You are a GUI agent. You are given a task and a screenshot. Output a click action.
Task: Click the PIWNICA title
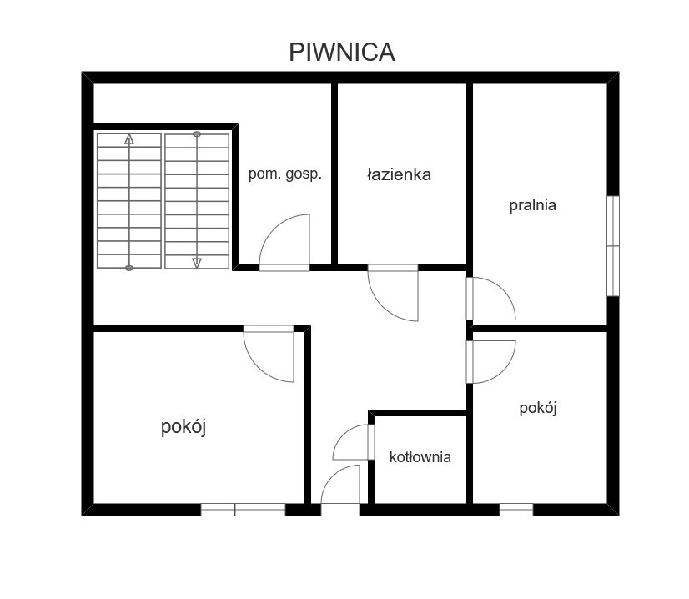tap(342, 52)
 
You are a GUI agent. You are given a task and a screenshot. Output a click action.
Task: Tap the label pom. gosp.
tap(285, 174)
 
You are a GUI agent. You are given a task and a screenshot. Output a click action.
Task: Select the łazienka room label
tap(399, 174)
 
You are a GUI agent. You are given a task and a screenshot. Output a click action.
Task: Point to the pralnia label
tap(532, 205)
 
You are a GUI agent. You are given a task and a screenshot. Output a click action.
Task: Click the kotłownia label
tap(420, 457)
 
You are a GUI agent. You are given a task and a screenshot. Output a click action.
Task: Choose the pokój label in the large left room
tap(184, 427)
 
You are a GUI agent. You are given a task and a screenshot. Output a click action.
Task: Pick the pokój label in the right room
tap(538, 408)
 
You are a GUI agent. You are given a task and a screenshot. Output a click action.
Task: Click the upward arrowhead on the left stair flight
tap(128, 139)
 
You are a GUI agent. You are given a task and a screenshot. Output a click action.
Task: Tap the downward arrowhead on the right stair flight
tap(197, 264)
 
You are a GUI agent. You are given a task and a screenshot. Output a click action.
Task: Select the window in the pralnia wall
tap(613, 245)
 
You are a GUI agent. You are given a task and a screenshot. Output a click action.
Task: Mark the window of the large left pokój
tap(243, 510)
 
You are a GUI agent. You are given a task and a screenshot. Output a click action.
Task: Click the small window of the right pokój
tap(516, 510)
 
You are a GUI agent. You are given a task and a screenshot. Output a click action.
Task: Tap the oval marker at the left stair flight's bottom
tap(128, 268)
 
